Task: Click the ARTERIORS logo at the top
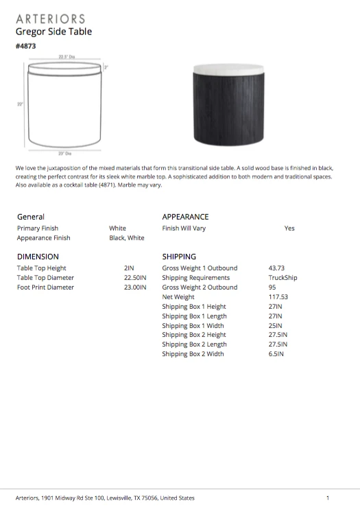(x=50, y=19)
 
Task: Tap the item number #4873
(x=25, y=46)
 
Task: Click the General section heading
(x=31, y=217)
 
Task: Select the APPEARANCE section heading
(x=185, y=217)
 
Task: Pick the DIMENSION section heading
(x=38, y=257)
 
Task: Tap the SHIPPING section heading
(x=179, y=257)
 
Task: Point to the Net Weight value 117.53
(x=278, y=297)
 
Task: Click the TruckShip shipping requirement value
(x=282, y=278)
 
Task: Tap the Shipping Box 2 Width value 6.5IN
(x=276, y=354)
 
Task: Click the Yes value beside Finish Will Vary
(x=289, y=229)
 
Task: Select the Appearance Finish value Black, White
(x=127, y=238)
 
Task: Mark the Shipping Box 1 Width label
(x=193, y=325)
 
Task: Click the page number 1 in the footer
(x=328, y=498)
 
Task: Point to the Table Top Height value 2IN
(x=128, y=268)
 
